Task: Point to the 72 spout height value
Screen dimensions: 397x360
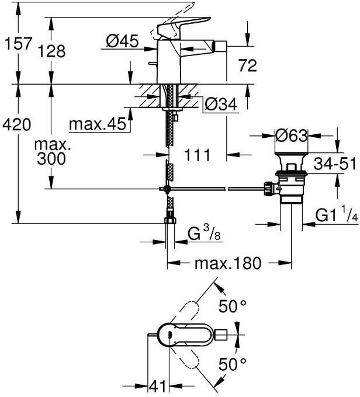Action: pyautogui.click(x=245, y=66)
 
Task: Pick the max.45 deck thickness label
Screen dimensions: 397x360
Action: pyautogui.click(x=96, y=124)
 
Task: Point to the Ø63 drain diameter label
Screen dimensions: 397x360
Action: pyautogui.click(x=292, y=136)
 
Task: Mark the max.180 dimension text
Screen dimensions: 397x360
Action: pyautogui.click(x=228, y=263)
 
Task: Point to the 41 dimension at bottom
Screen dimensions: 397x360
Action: pyautogui.click(x=155, y=386)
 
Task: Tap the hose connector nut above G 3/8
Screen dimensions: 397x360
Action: pyautogui.click(x=169, y=221)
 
